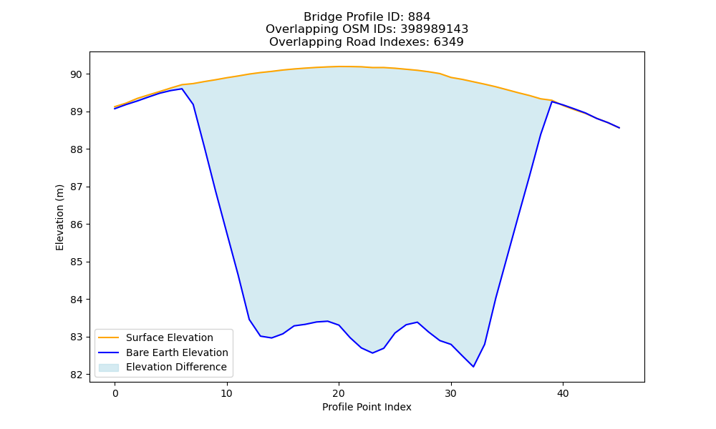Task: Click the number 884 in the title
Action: point(419,17)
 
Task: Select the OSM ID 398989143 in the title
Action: point(435,29)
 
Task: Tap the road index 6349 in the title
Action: point(448,42)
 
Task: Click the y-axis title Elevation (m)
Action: point(60,217)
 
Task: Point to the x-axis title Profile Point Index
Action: point(367,407)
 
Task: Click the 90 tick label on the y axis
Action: point(77,74)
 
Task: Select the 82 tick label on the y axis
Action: point(77,375)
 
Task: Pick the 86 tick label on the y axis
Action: point(77,225)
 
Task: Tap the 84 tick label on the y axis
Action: point(77,300)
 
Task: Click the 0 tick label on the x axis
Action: point(115,393)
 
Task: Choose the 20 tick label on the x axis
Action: point(339,393)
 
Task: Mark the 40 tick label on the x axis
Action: point(563,393)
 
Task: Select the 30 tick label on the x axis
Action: point(451,393)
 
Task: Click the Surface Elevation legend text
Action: point(170,337)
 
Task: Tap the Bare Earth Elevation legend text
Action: point(177,352)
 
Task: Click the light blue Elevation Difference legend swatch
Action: point(109,368)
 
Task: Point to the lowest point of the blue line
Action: point(473,367)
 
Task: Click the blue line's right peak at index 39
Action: point(552,102)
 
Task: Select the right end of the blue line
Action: point(619,128)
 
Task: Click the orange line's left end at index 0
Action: point(115,107)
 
